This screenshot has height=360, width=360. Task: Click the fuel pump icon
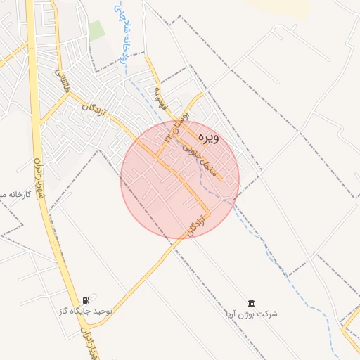86,300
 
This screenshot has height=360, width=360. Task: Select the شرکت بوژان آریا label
251,314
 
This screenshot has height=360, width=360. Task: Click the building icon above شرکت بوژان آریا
251,302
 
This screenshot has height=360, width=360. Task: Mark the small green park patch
96,31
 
